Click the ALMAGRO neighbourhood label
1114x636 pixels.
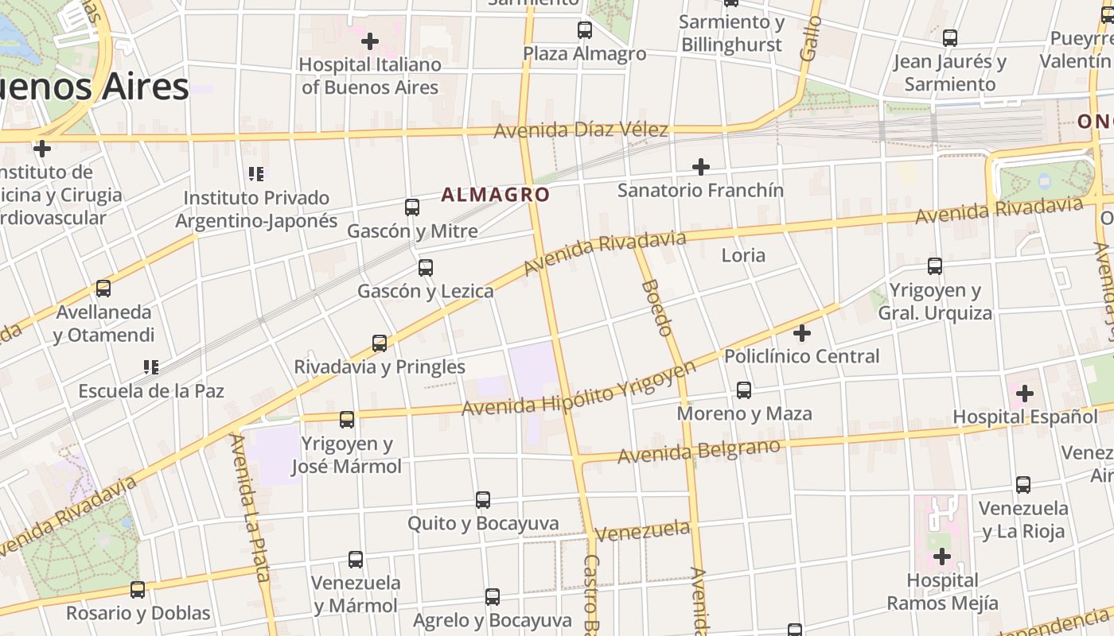coord(495,195)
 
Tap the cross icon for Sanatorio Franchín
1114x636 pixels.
coord(700,167)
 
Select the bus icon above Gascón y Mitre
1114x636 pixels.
coord(412,207)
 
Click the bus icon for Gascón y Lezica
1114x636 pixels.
coord(426,268)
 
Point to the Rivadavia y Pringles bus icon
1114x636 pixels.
coord(380,343)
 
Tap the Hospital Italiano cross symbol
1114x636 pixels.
coord(370,41)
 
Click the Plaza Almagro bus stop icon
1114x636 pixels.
coord(585,30)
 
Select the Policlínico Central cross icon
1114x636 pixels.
coord(802,332)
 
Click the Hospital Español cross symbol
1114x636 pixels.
coord(1025,393)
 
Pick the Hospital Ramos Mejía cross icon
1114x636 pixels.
coord(942,556)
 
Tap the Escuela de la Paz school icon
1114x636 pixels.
coord(151,367)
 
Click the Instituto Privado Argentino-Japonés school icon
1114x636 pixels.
coord(256,173)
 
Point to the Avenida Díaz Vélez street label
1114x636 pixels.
coord(581,130)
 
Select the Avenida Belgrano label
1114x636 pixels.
coord(699,452)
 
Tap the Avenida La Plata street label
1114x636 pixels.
coord(249,509)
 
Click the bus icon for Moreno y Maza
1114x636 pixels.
coord(744,390)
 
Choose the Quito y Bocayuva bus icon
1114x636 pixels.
coord(483,500)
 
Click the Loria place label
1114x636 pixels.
coord(743,255)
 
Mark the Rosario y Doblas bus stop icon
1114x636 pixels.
coord(138,590)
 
